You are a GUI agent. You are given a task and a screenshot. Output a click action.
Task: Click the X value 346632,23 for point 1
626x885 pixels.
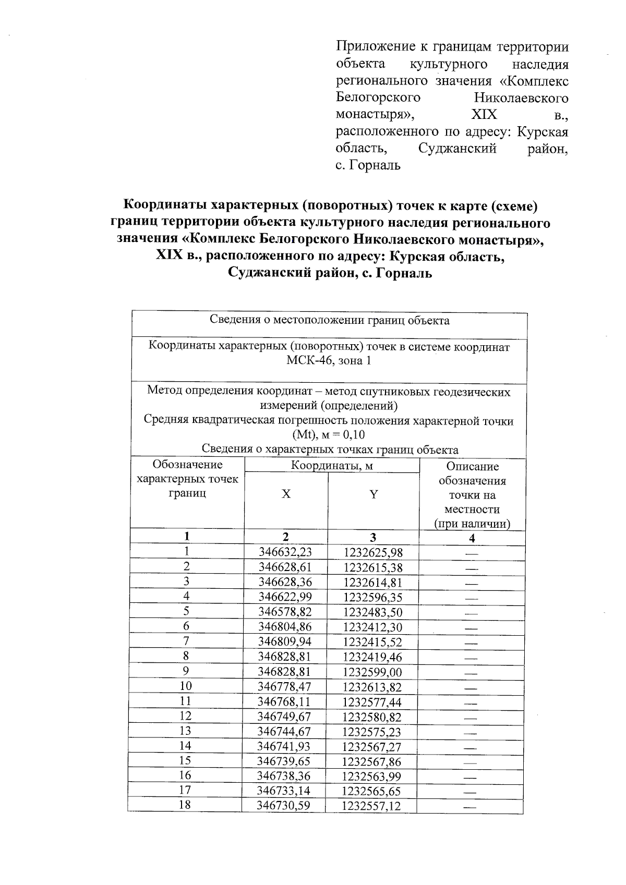[285, 553]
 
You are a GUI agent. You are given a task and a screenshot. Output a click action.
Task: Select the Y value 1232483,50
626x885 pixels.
[373, 612]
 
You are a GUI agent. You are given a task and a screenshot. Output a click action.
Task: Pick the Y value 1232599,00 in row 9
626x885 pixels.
[373, 672]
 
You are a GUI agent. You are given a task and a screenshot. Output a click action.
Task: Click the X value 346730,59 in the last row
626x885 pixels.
[283, 806]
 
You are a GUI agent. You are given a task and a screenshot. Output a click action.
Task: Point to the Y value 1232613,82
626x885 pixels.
[372, 687]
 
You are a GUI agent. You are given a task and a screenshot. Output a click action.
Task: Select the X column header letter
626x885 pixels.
[286, 494]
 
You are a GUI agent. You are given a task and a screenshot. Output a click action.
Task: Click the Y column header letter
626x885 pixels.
[374, 494]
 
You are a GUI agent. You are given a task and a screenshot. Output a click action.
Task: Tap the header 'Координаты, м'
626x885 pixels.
[332, 466]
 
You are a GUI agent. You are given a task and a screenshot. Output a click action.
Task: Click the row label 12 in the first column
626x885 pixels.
[185, 716]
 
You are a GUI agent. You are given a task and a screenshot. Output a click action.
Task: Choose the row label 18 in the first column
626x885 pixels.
[185, 805]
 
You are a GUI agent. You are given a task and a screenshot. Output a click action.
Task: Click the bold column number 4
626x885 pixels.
[472, 538]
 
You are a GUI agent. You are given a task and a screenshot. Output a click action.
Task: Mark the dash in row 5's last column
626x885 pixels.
[471, 613]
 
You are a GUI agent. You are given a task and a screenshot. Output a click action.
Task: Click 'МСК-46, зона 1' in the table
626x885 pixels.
[329, 361]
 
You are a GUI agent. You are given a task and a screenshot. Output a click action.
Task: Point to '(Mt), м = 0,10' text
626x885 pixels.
[329, 435]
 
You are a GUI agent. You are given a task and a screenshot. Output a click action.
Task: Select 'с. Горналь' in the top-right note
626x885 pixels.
[368, 166]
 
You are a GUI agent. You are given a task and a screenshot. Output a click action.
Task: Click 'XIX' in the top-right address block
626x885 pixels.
[484, 115]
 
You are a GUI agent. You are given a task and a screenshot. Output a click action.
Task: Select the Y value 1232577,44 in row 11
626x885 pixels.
[372, 702]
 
